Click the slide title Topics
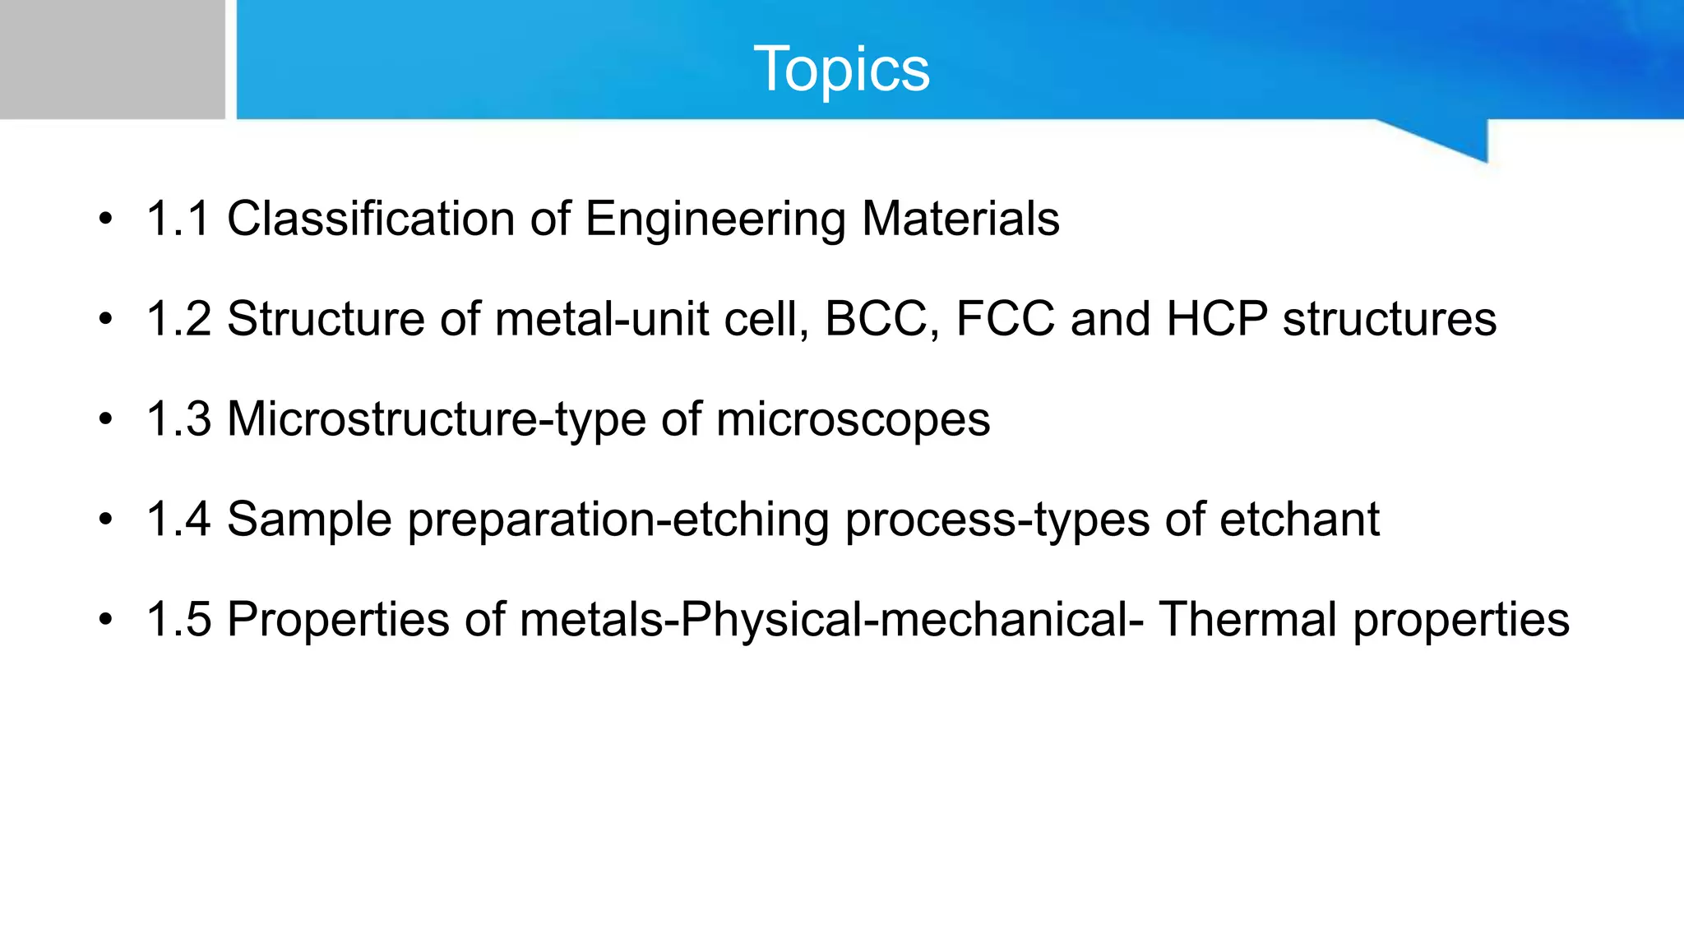click(841, 69)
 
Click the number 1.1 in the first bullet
click(178, 219)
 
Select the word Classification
click(370, 219)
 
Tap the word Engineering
click(715, 219)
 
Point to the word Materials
click(960, 219)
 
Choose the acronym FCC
click(1005, 319)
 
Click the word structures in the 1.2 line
click(1390, 319)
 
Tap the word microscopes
click(853, 420)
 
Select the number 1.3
click(178, 419)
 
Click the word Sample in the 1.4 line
click(309, 520)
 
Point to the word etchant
click(1299, 520)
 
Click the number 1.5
click(178, 619)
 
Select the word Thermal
click(1248, 619)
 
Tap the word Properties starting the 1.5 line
click(338, 621)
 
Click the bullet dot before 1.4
click(104, 520)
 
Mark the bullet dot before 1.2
click(104, 319)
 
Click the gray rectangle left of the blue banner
click(112, 59)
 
